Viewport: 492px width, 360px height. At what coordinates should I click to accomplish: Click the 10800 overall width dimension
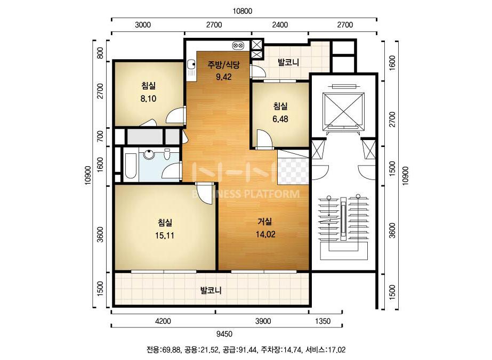[242, 11]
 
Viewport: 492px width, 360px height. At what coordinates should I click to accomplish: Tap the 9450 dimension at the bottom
[224, 334]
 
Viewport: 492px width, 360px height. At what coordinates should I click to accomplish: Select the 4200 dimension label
[163, 321]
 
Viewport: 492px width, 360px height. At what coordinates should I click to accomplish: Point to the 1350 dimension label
[322, 321]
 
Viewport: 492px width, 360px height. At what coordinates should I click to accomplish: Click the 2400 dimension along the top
[280, 25]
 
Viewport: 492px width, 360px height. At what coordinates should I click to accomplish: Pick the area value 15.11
[164, 235]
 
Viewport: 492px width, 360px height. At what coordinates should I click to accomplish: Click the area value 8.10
[148, 99]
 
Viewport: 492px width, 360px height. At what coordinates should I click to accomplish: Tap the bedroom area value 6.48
[280, 119]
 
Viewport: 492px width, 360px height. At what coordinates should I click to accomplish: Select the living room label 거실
[265, 222]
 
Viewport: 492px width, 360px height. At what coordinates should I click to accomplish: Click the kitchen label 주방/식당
[223, 65]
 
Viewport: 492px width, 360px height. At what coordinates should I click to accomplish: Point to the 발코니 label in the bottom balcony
[211, 290]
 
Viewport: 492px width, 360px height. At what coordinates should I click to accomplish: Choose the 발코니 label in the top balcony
[288, 62]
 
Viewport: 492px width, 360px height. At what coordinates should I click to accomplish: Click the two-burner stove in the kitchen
[238, 46]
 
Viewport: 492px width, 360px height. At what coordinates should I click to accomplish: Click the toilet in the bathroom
[167, 154]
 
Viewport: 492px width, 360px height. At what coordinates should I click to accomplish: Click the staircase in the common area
[344, 227]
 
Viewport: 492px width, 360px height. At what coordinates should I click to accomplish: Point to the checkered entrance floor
[293, 171]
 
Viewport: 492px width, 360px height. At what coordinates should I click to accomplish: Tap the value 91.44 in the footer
[247, 350]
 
